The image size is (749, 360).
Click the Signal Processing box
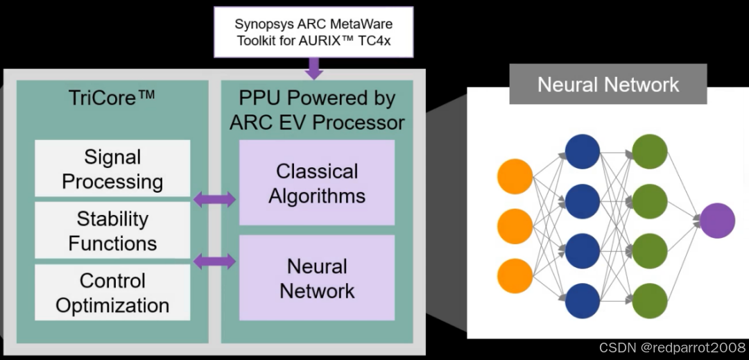click(112, 169)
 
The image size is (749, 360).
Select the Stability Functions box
click(112, 231)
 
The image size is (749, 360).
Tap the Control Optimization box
click(112, 293)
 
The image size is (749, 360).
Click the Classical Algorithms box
click(317, 183)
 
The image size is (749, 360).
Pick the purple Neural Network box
click(317, 277)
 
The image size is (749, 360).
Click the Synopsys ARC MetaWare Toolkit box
click(313, 32)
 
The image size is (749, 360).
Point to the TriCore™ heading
click(112, 98)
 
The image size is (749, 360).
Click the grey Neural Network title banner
click(608, 85)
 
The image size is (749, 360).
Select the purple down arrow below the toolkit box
click(314, 68)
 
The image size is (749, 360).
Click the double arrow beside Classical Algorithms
click(214, 200)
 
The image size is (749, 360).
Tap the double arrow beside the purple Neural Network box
click(214, 262)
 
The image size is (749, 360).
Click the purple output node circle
click(716, 221)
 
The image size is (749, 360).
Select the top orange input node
click(515, 176)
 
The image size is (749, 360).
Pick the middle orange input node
click(515, 226)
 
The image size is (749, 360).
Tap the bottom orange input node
click(515, 275)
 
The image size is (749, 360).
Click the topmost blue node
click(583, 152)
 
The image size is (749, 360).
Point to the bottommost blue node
click(583, 301)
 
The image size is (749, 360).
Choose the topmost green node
click(650, 152)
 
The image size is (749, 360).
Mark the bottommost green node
click(650, 301)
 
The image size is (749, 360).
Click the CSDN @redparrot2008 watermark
click(671, 348)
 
